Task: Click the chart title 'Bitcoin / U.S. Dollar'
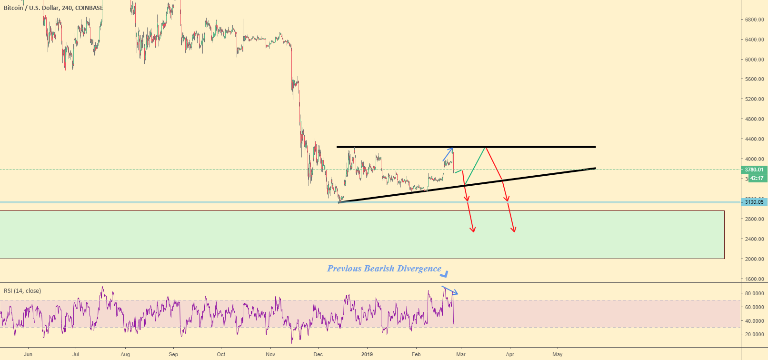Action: tap(30, 8)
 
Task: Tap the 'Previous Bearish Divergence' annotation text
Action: tap(384, 269)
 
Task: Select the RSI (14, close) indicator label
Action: tap(22, 291)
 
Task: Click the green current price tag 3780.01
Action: tap(754, 170)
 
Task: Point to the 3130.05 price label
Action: tap(754, 202)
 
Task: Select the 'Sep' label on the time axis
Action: tap(173, 354)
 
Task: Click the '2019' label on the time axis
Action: tap(367, 354)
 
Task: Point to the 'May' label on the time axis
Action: tap(557, 354)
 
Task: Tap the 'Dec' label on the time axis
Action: tap(318, 354)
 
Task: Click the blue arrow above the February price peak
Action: tap(448, 154)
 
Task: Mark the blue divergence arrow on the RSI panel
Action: tap(450, 290)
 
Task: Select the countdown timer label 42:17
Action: tap(756, 179)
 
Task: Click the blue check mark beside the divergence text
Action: tap(445, 274)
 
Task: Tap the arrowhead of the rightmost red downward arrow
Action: tap(514, 230)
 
